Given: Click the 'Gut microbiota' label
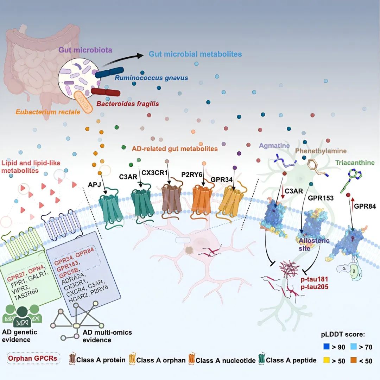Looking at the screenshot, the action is click(85, 50).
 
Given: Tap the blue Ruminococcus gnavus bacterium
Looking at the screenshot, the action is click(109, 73).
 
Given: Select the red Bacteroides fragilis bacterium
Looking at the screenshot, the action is click(106, 93).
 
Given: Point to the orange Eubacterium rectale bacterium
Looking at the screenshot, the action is click(83, 102).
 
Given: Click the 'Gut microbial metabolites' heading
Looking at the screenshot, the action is click(195, 54).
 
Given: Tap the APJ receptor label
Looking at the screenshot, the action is click(94, 185).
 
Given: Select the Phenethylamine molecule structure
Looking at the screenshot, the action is click(317, 167).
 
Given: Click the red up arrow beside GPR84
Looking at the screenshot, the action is click(352, 205).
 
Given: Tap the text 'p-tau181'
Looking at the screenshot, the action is click(314, 279).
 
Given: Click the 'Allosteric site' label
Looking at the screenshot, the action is click(314, 244).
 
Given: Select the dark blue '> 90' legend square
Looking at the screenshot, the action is click(327, 347).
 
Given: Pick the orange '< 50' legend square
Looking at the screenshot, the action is click(353, 360).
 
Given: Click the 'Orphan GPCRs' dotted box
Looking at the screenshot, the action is click(33, 359).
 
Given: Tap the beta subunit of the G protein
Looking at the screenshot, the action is click(354, 271).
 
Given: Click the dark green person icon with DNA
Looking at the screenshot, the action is click(22, 317).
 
